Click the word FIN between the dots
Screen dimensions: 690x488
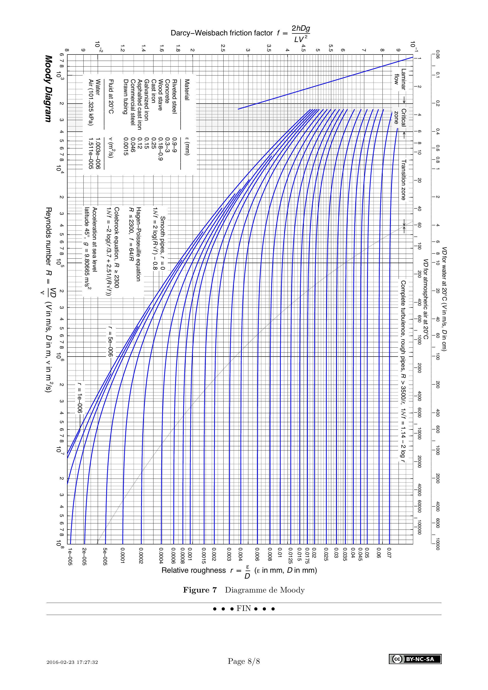[x=244, y=609]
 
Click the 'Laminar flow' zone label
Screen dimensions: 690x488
[x=400, y=79]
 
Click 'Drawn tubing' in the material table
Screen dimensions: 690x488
[x=126, y=96]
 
